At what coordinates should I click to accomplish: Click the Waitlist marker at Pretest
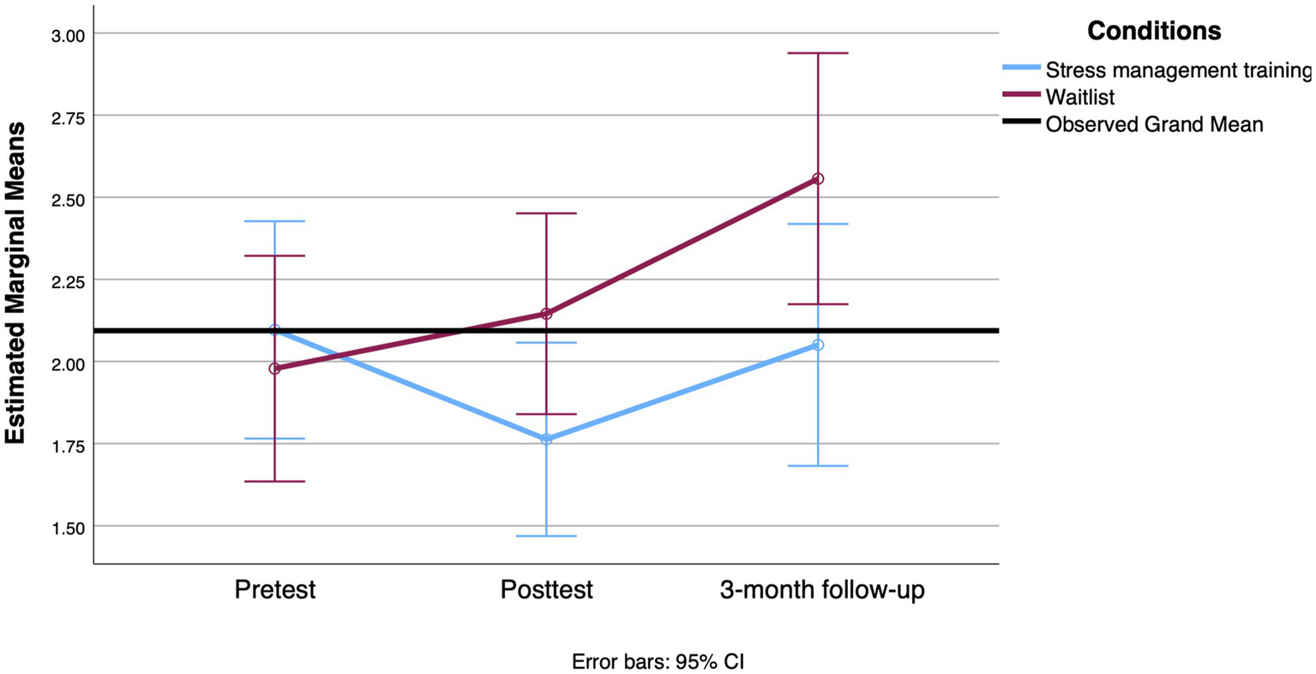click(274, 369)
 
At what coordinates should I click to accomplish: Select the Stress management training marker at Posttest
click(546, 439)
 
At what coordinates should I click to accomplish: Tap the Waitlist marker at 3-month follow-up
click(818, 179)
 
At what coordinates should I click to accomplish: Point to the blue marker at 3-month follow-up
click(818, 345)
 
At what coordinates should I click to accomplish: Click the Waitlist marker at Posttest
click(546, 314)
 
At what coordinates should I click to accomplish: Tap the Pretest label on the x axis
click(274, 590)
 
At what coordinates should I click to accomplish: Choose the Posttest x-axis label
click(546, 590)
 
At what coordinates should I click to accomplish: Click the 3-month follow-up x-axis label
click(822, 590)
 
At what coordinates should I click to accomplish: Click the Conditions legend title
click(1154, 32)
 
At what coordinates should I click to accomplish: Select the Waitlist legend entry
click(1079, 97)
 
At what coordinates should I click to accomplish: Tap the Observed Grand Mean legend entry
click(1154, 124)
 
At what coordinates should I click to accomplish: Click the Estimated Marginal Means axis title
click(15, 283)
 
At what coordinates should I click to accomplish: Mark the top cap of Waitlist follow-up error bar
click(818, 53)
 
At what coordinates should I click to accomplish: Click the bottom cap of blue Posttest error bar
click(546, 536)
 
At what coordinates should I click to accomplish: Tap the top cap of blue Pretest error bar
click(274, 221)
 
